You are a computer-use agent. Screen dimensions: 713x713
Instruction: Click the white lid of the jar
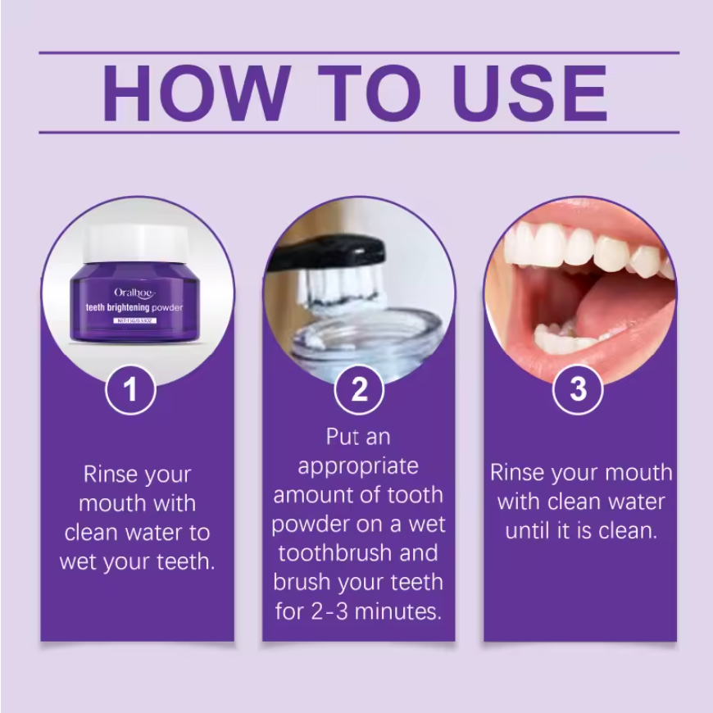coord(138,244)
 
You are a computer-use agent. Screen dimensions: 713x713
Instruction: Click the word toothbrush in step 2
coord(330,553)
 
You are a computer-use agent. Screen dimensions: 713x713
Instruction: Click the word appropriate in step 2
coord(358,467)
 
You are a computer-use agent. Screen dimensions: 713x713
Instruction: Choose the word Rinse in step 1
coord(111,475)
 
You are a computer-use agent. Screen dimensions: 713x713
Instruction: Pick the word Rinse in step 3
coord(518,473)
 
